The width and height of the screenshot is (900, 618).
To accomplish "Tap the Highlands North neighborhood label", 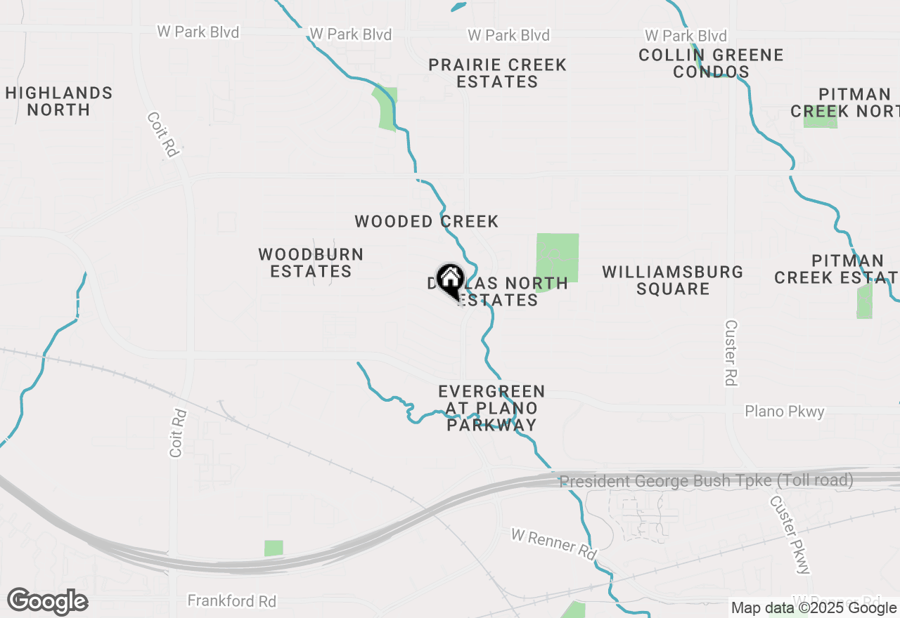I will point(59,101).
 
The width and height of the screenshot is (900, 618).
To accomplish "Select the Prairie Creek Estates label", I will point(497,73).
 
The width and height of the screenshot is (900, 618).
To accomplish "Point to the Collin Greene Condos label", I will point(711,63).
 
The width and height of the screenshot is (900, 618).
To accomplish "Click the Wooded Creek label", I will point(426,222).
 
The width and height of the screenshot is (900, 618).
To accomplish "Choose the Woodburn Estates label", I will point(311,263).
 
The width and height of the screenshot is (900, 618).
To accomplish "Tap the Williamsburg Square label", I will point(673,280).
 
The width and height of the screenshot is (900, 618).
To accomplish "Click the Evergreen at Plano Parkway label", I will point(491,408).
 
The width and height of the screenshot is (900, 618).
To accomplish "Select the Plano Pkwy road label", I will point(784,412).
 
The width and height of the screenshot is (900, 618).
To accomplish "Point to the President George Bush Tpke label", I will point(706,481).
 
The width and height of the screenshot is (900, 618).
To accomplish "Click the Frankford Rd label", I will point(231,601).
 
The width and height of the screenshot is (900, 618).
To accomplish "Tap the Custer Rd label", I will point(731,353).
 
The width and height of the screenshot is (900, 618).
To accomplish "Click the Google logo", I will point(47,602).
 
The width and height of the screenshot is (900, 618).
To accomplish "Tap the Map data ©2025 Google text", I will point(814,608).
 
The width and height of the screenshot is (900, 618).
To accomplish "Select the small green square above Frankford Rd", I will point(274,548).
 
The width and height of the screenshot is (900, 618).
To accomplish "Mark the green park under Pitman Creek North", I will point(820,117).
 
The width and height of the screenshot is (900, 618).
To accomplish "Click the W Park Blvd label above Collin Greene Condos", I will point(686,35).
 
